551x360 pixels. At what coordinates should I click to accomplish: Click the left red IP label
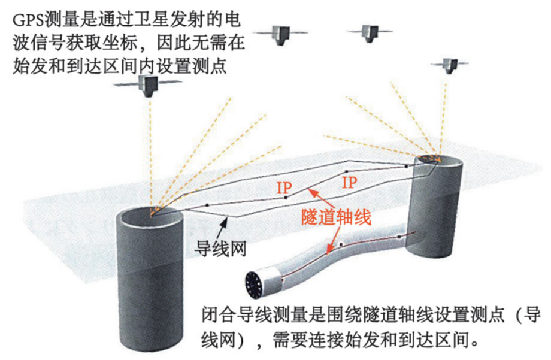[x=284, y=187]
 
